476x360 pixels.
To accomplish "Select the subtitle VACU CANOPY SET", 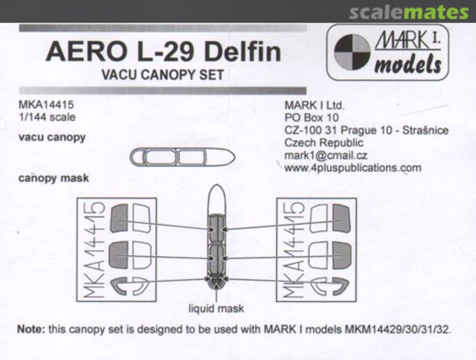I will tap(162, 75).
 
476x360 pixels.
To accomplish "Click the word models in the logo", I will tap(407, 65).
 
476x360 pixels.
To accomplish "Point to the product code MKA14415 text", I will tap(46, 105).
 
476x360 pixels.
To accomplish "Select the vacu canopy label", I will tap(52, 137).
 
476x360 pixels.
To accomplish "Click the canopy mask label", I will tap(54, 179).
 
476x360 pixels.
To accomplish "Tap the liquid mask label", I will tap(216, 308).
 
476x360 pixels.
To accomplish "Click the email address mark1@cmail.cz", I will tap(326, 156).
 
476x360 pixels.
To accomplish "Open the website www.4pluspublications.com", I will tap(353, 168).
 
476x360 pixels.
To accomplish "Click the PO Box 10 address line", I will tap(312, 118).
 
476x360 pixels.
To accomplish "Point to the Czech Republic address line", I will tap(324, 143).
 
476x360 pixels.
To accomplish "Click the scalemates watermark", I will tap(409, 12).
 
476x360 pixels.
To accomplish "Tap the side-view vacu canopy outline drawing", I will tap(182, 157).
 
